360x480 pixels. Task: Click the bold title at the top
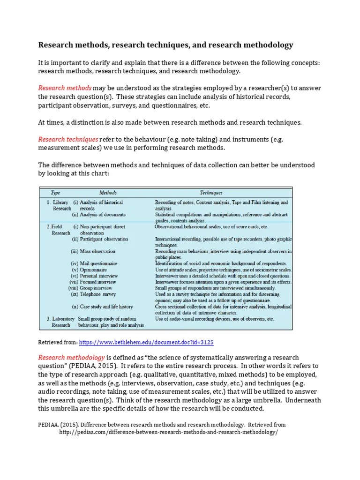165,45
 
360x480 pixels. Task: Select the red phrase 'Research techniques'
68,139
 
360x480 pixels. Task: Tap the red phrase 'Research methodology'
71,357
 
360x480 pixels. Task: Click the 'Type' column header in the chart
55,193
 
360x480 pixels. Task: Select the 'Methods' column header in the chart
108,193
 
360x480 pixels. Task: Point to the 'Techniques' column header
211,193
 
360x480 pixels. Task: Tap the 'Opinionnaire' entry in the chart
96,270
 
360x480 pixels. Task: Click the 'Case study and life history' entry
106,307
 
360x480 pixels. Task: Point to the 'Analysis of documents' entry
102,215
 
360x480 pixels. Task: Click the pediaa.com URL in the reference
168,432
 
